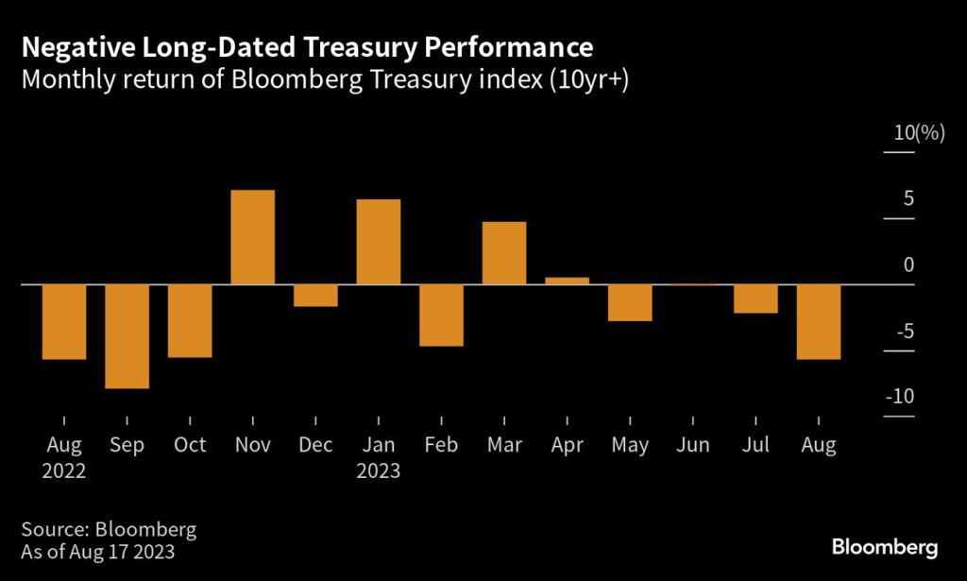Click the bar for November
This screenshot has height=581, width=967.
pyautogui.click(x=253, y=237)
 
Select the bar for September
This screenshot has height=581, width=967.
pyautogui.click(x=127, y=336)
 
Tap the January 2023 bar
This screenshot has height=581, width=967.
pyautogui.click(x=379, y=242)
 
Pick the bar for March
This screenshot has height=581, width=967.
pyautogui.click(x=504, y=253)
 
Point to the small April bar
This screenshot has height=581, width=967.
pyautogui.click(x=568, y=281)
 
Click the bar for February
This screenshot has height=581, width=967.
pyautogui.click(x=441, y=316)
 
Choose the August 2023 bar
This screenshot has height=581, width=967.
pyautogui.click(x=819, y=322)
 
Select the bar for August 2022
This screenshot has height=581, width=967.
pyautogui.click(x=64, y=322)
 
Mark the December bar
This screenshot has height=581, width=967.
pyautogui.click(x=315, y=296)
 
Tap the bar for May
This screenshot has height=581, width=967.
pyautogui.click(x=630, y=302)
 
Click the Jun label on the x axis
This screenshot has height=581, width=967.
pyautogui.click(x=693, y=445)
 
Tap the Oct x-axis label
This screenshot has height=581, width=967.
pyautogui.click(x=190, y=445)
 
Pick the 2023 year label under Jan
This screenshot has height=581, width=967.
pyautogui.click(x=378, y=470)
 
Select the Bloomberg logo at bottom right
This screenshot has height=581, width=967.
pyautogui.click(x=884, y=547)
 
